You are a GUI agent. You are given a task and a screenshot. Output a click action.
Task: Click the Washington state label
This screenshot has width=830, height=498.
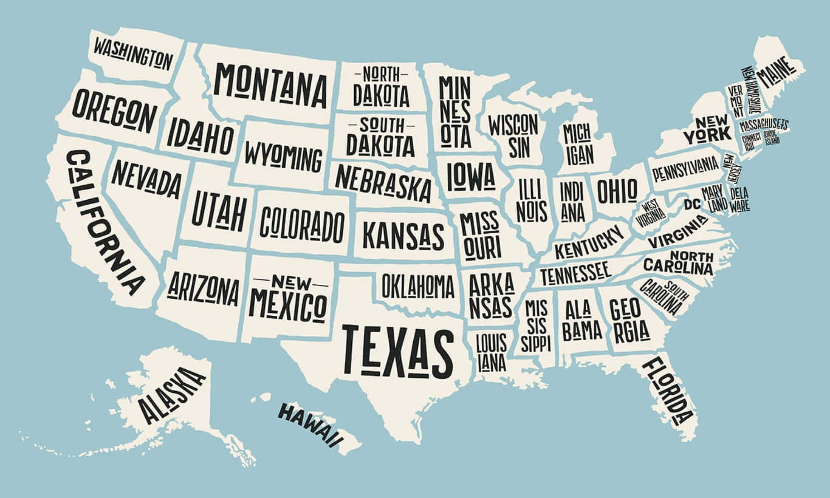pyautogui.click(x=132, y=53)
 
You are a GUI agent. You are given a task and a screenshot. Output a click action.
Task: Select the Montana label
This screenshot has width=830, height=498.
pyautogui.click(x=270, y=85)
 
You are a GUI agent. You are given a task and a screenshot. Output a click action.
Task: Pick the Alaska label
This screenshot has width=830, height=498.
pyautogui.click(x=172, y=395)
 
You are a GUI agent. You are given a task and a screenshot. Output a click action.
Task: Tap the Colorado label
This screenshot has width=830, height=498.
pyautogui.click(x=302, y=223)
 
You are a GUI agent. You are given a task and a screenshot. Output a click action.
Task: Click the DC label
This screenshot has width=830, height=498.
pyautogui.click(x=692, y=204)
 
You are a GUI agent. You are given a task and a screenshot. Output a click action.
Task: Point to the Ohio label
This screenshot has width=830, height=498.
pyautogui.click(x=617, y=191)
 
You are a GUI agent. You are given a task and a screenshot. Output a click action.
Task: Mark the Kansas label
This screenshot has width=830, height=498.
pyautogui.click(x=403, y=235)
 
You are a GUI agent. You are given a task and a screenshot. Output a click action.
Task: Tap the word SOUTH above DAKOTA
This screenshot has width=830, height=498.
pyautogui.click(x=381, y=125)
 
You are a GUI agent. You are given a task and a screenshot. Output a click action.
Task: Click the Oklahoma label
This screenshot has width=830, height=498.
pyautogui.click(x=417, y=285)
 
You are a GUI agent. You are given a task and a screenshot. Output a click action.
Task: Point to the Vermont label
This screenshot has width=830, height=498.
pyautogui.click(x=736, y=101)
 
